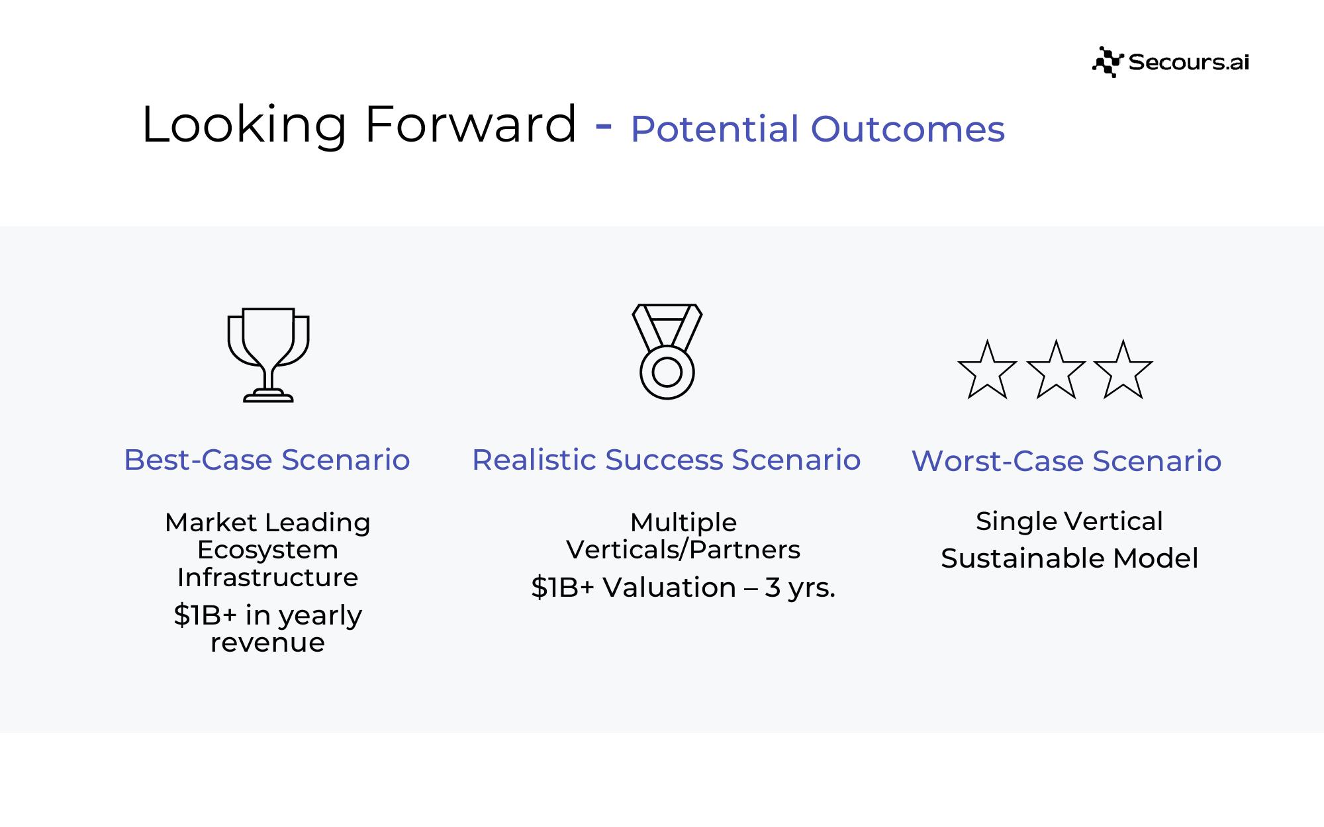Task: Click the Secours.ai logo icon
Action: [1108, 62]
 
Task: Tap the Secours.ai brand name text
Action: [1189, 62]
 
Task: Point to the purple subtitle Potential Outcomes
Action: [818, 129]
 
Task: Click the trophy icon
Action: [268, 355]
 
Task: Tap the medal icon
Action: [667, 351]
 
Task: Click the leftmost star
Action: [987, 370]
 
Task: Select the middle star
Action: [1056, 370]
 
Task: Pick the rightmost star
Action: [1123, 370]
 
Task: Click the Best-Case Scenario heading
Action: [267, 460]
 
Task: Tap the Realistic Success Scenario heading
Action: [666, 460]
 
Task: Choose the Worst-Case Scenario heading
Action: [1066, 461]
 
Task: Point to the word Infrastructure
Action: [267, 578]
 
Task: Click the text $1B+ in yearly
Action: [267, 616]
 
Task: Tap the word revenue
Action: [267, 643]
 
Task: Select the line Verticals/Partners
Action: [683, 550]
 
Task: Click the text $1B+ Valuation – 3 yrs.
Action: [683, 588]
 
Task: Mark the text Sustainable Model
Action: [1069, 558]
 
